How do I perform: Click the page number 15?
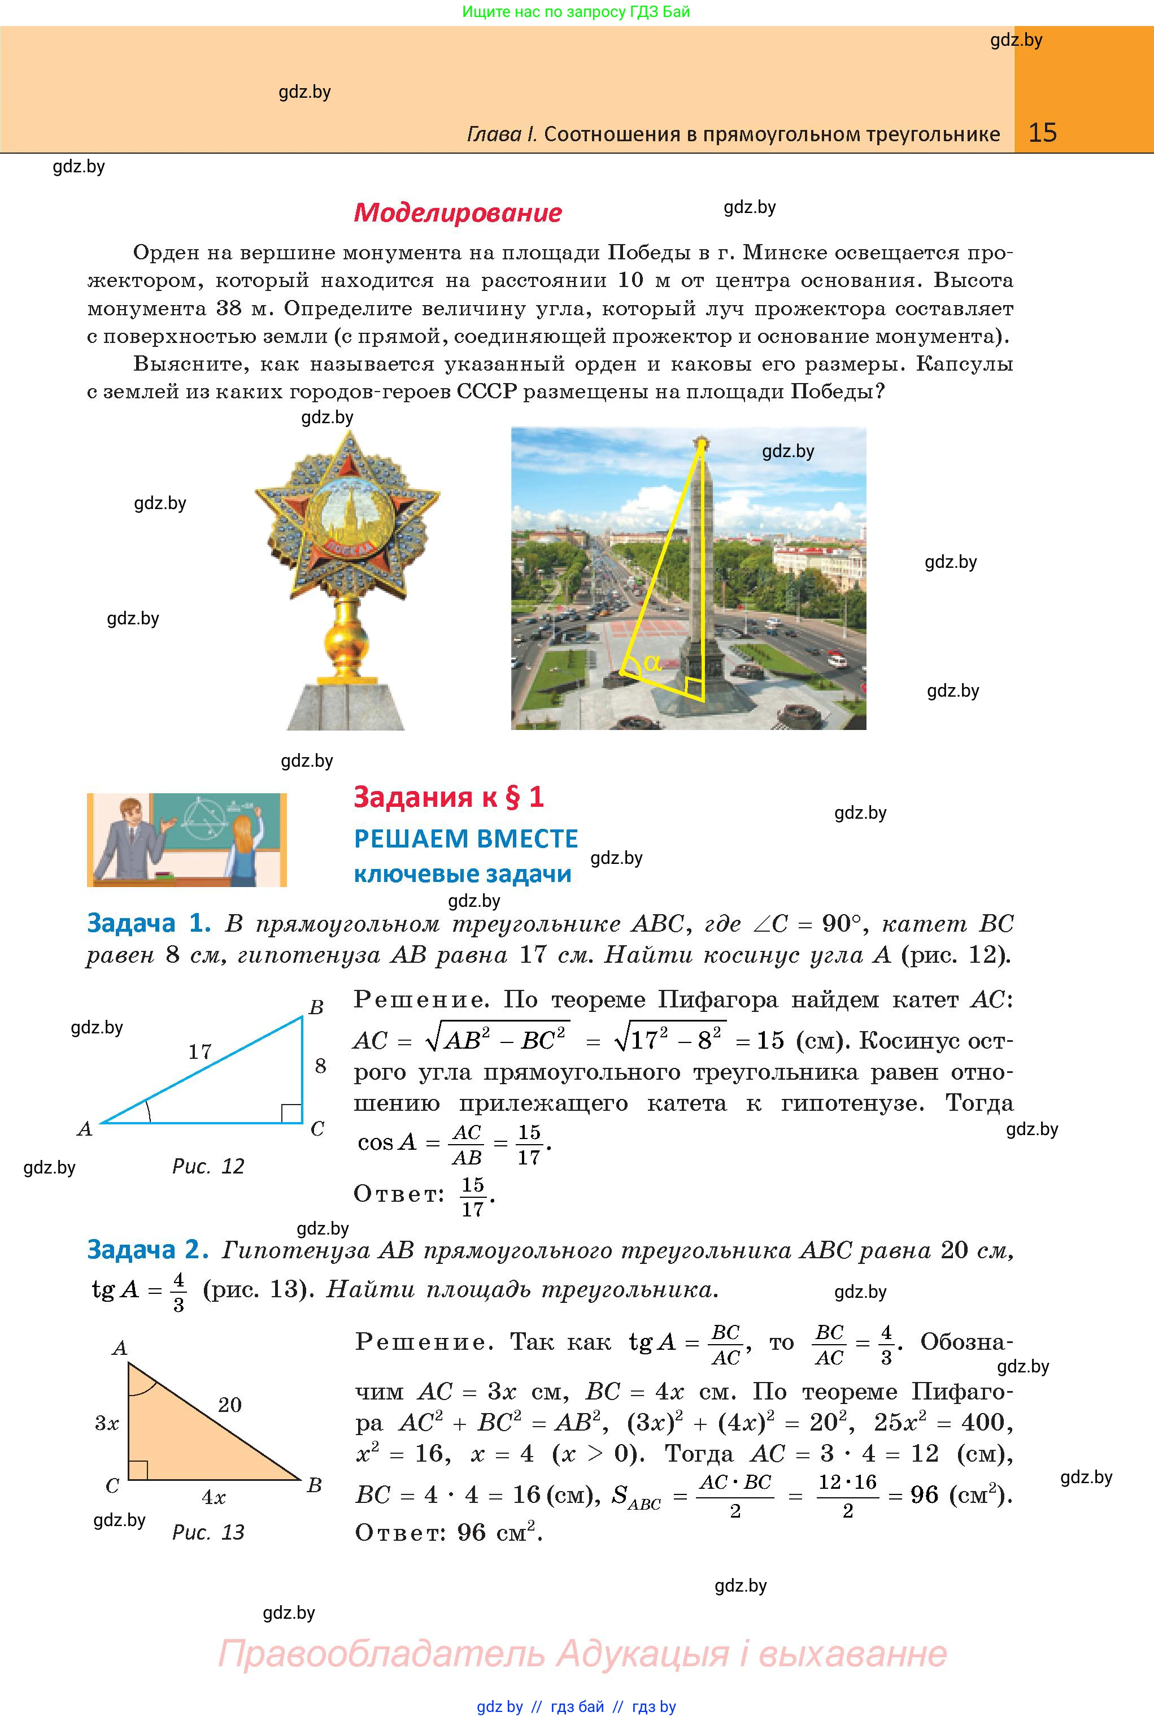(1042, 133)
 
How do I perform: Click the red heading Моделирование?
(458, 213)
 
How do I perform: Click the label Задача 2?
(148, 1249)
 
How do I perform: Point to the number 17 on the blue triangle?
(199, 1051)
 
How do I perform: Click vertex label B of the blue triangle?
(316, 1007)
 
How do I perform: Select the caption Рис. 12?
(208, 1166)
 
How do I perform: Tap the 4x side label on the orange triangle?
(214, 1497)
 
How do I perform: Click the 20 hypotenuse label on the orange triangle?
(230, 1405)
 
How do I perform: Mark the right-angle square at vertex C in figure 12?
(291, 1113)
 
